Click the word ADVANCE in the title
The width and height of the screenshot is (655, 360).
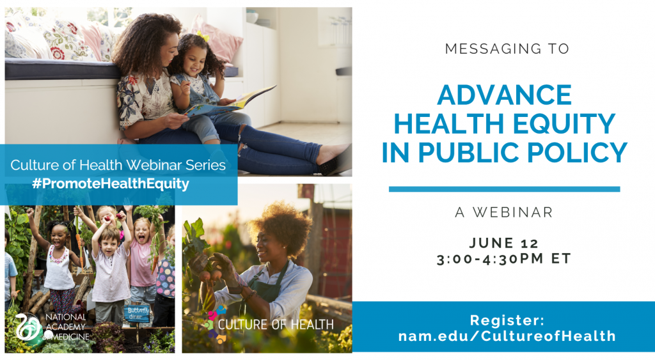tap(504, 95)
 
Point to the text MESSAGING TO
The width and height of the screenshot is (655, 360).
tap(507, 49)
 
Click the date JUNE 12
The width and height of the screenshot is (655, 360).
tap(504, 243)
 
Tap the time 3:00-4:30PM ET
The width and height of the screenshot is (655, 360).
tap(504, 259)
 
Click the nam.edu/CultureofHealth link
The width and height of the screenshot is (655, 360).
tap(507, 336)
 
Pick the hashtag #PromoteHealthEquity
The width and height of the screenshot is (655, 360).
tap(111, 184)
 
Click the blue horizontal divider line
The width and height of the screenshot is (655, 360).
tap(504, 189)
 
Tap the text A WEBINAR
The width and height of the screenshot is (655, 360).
tap(504, 212)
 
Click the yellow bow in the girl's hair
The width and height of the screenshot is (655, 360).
tap(203, 36)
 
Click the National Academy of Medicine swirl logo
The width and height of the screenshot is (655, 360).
tap(28, 326)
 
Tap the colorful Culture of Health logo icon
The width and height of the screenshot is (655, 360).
tap(217, 324)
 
